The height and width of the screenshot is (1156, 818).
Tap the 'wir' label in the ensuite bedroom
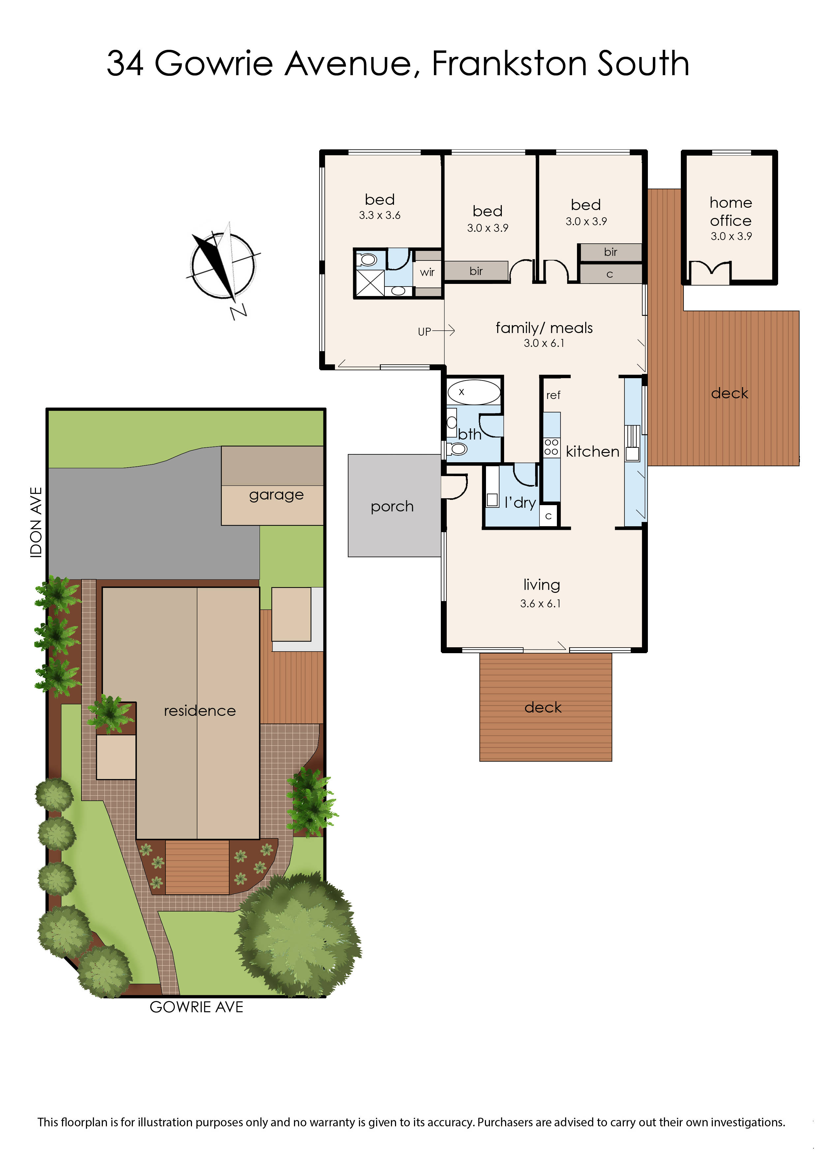click(x=427, y=272)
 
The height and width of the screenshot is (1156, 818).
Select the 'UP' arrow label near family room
click(x=425, y=331)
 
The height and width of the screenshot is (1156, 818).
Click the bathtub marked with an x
click(x=473, y=392)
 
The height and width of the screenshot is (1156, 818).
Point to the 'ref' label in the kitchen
click(x=553, y=395)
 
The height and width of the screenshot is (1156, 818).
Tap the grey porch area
click(x=392, y=506)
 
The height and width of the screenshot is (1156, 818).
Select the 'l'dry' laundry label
click(x=520, y=502)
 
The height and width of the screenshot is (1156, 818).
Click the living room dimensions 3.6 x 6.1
click(x=540, y=603)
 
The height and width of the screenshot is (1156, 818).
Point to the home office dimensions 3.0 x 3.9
click(x=731, y=236)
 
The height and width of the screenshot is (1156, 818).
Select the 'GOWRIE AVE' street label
click(x=197, y=1007)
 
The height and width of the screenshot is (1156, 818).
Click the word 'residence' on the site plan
click(x=199, y=711)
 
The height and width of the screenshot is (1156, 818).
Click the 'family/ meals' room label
click(x=544, y=328)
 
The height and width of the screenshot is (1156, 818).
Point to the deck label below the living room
click(x=542, y=708)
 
